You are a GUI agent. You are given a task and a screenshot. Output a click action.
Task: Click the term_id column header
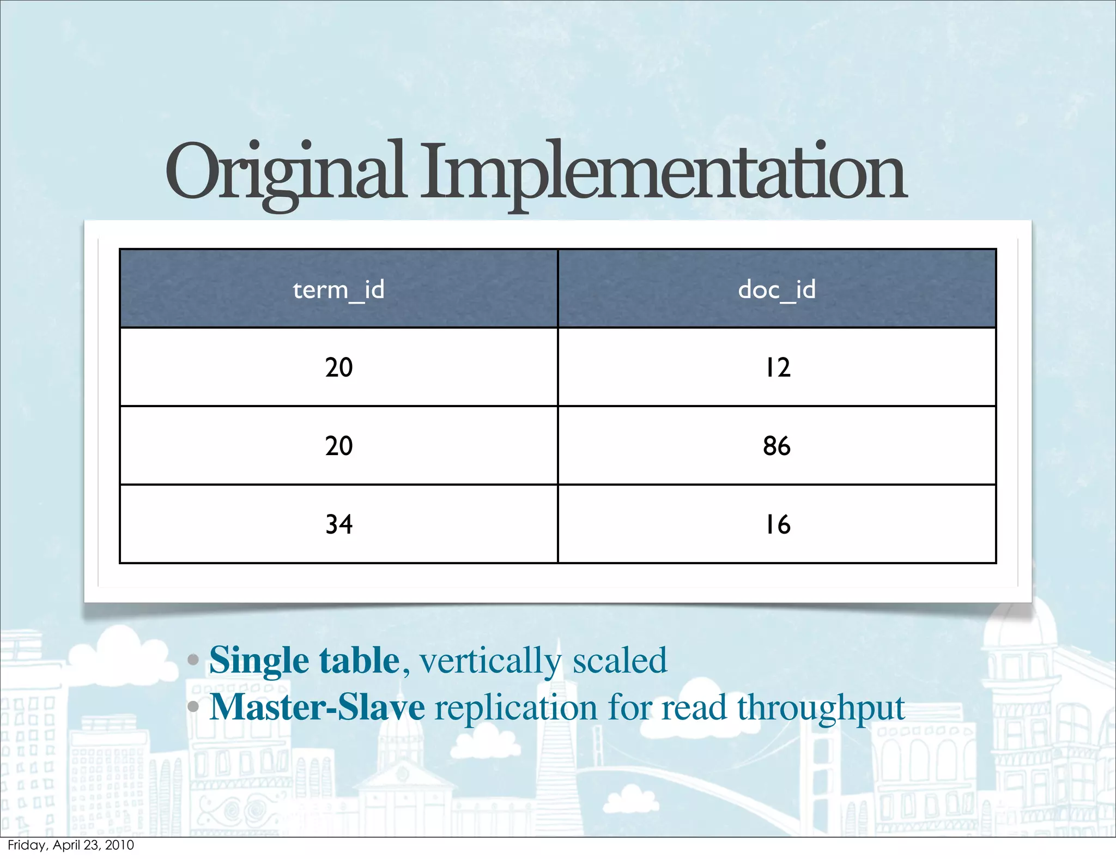click(338, 289)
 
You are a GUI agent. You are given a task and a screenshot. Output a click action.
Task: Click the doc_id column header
click(777, 289)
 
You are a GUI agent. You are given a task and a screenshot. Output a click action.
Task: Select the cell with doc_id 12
click(777, 367)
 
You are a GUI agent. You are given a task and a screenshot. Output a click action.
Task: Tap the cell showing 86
click(777, 446)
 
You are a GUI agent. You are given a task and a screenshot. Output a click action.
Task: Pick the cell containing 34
click(338, 524)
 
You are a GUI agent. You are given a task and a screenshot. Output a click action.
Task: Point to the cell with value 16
click(777, 524)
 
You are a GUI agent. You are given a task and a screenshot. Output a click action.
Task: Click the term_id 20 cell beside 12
click(338, 367)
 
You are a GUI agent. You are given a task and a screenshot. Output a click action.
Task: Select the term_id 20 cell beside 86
click(338, 446)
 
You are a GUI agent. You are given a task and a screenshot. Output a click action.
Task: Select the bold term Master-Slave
click(317, 707)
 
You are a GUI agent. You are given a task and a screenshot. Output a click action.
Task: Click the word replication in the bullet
click(515, 707)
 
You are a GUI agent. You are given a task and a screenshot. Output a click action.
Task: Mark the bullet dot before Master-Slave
click(193, 707)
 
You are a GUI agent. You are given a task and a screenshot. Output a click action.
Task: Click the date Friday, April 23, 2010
click(71, 845)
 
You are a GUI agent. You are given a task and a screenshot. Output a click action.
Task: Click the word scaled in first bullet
click(620, 661)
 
